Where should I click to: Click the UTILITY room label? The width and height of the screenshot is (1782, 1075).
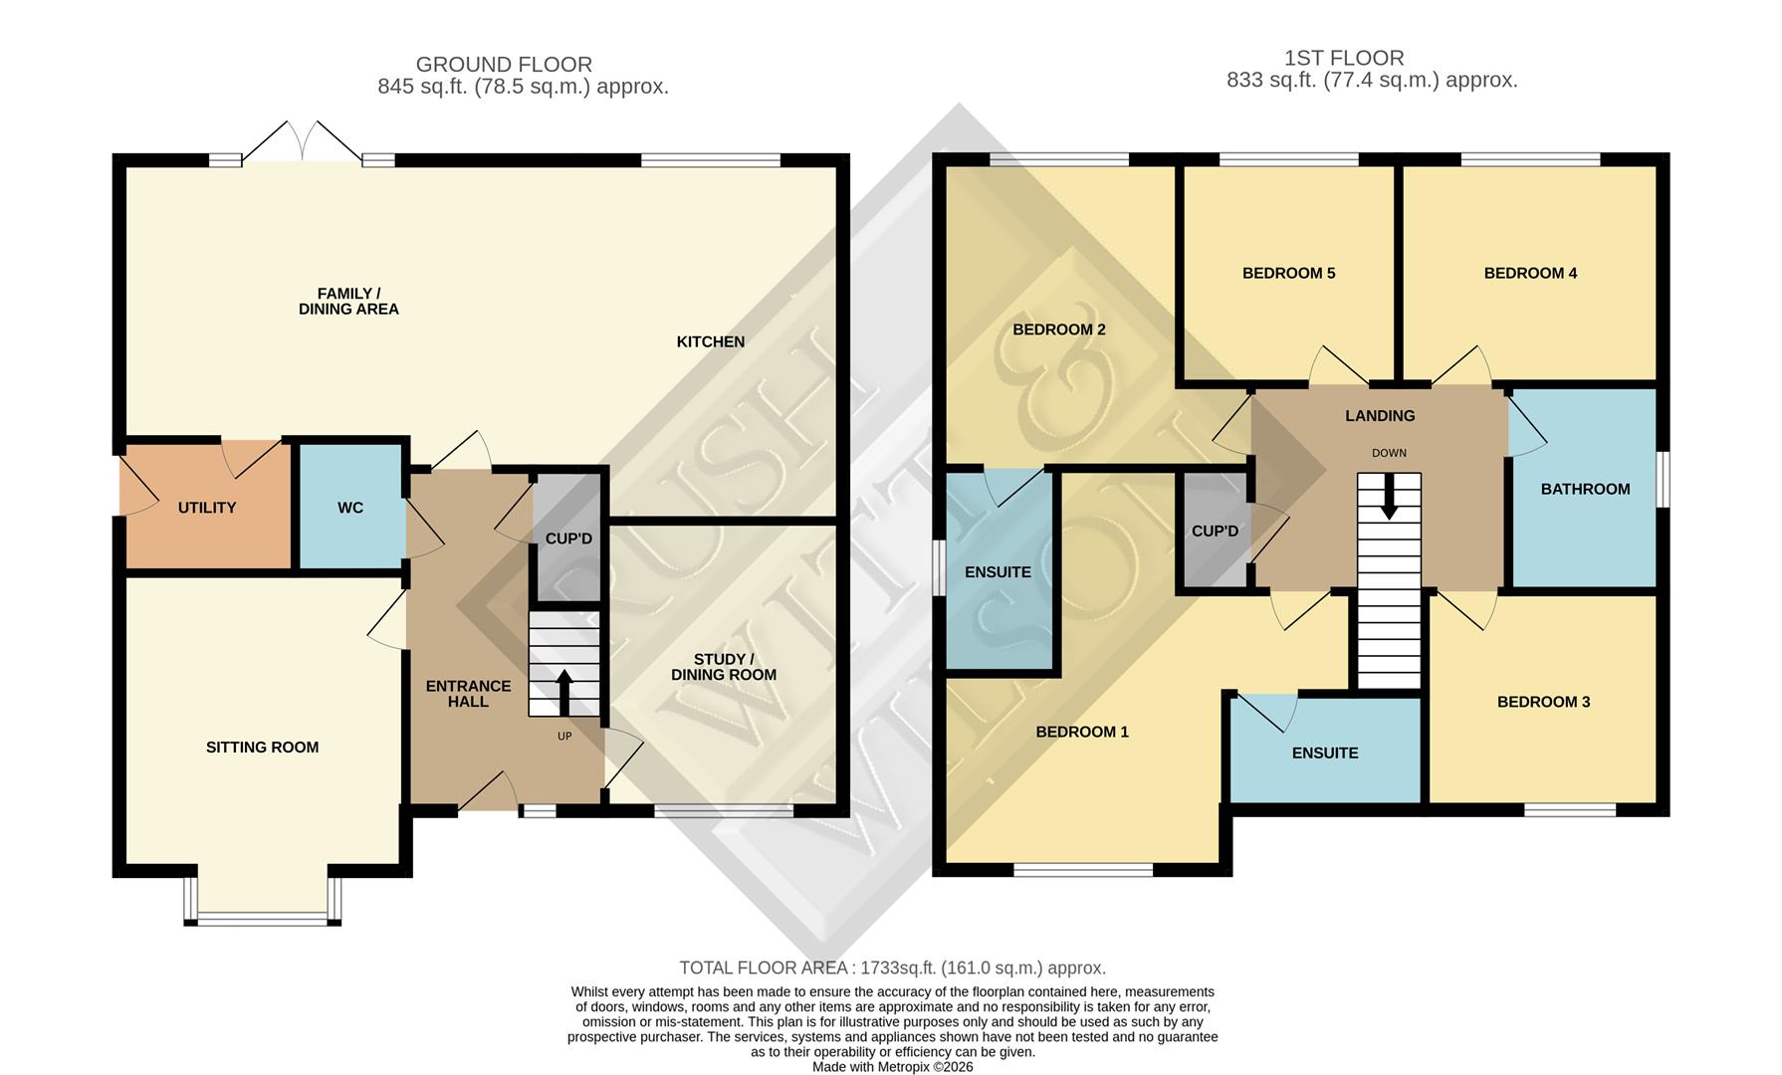207,508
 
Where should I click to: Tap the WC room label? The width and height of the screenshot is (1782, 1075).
350,508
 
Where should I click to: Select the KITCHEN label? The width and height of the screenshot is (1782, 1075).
710,341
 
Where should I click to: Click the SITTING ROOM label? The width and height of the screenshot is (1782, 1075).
262,748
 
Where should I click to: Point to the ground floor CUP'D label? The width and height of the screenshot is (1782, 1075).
568,538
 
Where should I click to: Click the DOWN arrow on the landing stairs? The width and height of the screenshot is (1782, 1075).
1389,497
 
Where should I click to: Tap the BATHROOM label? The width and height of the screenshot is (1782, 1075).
1585,489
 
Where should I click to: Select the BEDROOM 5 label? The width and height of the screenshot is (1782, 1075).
1288,273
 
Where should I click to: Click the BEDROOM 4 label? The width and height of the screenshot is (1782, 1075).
1530,273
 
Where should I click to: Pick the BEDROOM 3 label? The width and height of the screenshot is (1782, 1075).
1543,702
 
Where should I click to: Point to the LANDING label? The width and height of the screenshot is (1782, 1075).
1379,416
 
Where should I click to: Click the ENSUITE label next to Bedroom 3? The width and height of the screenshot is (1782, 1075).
1324,753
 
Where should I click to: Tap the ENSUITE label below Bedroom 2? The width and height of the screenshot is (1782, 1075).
998,572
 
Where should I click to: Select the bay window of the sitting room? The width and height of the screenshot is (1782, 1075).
263,917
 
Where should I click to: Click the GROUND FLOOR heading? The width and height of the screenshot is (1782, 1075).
504,65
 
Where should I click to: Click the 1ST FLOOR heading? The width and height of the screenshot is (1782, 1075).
1343,58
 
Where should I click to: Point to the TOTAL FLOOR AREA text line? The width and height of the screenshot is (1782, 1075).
892,967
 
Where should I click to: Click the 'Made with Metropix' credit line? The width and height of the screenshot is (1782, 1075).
892,1067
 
